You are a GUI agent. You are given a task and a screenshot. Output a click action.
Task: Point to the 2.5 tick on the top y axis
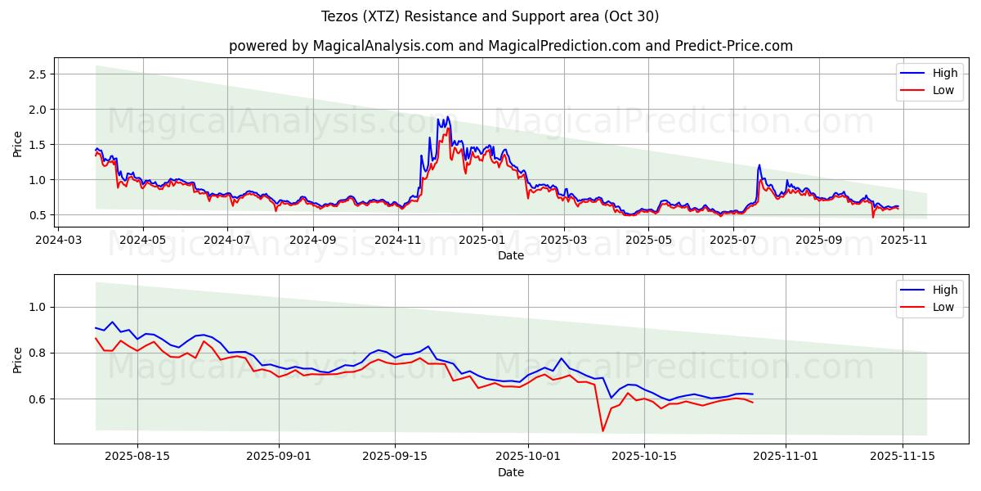pos(37,74)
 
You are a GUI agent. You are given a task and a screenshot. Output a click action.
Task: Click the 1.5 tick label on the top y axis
pos(37,145)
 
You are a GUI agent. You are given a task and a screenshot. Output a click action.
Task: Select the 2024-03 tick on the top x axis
pos(58,241)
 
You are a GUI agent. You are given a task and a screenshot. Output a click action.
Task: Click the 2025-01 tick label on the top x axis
pos(482,241)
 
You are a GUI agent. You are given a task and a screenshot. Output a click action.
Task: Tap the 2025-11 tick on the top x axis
pos(903,241)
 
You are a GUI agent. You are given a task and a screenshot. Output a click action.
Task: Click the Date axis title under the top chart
pos(510,255)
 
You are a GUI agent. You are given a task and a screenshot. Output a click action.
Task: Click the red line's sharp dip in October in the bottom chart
pos(603,430)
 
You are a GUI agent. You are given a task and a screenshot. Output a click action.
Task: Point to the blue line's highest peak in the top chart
pos(447,117)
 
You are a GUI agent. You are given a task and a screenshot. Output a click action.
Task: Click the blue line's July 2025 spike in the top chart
pos(759,165)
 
